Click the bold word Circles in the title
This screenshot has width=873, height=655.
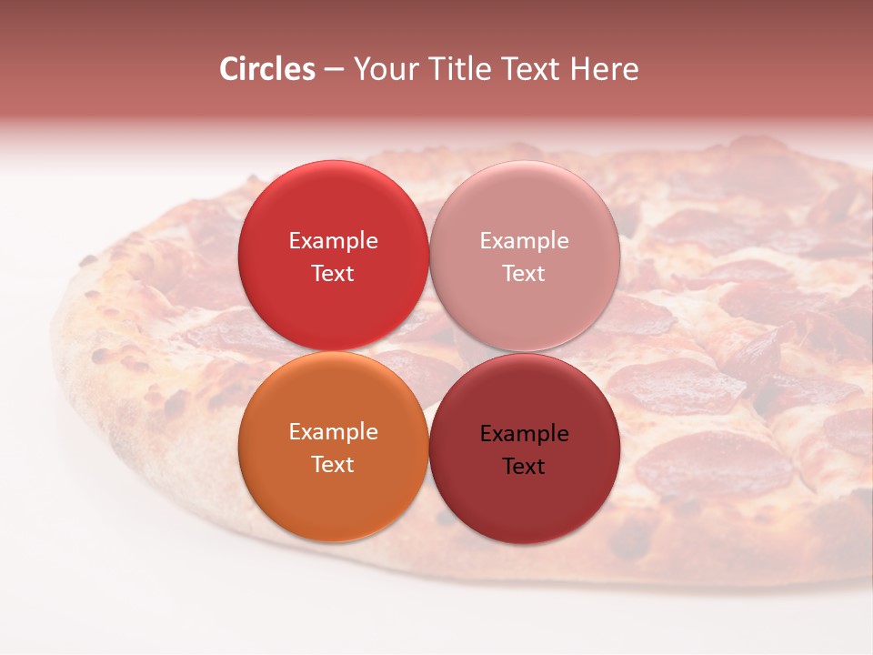[266, 69]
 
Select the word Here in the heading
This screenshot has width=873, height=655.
[605, 69]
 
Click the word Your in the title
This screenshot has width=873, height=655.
[385, 69]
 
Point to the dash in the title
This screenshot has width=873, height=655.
[334, 70]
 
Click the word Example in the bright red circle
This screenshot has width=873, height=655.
[333, 241]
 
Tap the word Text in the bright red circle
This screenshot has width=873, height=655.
[333, 274]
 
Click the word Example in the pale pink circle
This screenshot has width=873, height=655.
[524, 241]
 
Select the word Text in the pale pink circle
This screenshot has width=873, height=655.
[524, 274]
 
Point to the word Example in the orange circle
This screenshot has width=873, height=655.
[333, 432]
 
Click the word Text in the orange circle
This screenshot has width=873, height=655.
[333, 465]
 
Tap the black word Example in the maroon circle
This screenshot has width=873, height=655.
[524, 434]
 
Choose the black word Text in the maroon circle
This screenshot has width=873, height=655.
[524, 467]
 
